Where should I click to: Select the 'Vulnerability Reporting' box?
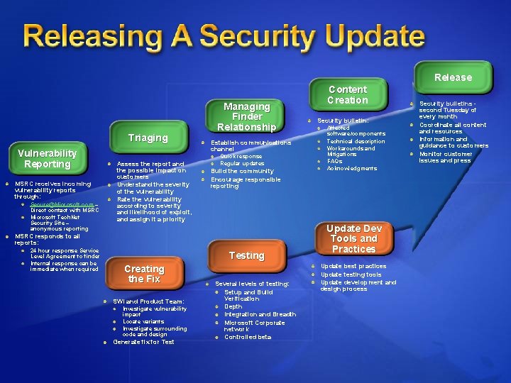(48, 158)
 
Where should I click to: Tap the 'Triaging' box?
(148, 138)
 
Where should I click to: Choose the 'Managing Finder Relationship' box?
(246, 116)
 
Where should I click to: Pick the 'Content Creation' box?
(347, 94)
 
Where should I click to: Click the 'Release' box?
(453, 77)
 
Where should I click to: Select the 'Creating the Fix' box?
(144, 274)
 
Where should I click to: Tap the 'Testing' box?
(246, 255)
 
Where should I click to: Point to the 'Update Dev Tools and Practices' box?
(353, 239)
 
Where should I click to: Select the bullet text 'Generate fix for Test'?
(143, 342)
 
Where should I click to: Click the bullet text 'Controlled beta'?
(248, 337)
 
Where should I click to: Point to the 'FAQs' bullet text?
(334, 161)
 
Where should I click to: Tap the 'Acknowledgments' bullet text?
(351, 168)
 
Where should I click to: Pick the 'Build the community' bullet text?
(241, 171)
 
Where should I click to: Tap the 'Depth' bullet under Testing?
(233, 306)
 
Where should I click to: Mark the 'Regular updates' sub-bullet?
(242, 163)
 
